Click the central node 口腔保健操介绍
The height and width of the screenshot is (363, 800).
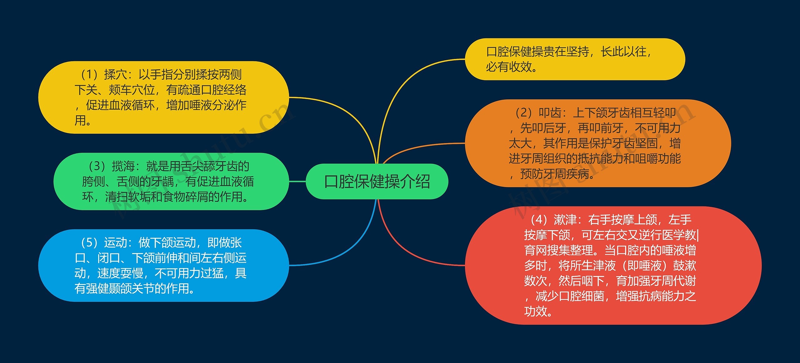pyautogui.click(x=377, y=181)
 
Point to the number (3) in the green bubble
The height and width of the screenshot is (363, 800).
pyautogui.click(x=97, y=166)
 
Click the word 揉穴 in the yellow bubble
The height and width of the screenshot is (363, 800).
pyautogui.click(x=115, y=75)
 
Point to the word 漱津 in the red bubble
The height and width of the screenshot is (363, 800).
pyautogui.click(x=565, y=220)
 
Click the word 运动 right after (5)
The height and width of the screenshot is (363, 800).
pyautogui.click(x=115, y=242)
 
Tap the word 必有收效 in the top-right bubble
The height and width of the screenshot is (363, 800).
pyautogui.click(x=509, y=67)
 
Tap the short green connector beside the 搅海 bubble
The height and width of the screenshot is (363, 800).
pyautogui.click(x=297, y=181)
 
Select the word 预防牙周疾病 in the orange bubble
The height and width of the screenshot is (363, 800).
pyautogui.click(x=555, y=174)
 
